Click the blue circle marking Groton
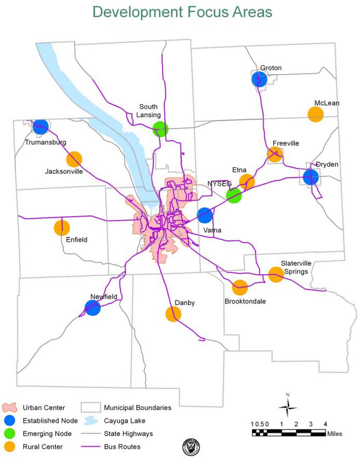click(259, 79)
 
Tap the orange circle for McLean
click(316, 114)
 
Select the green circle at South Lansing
click(161, 129)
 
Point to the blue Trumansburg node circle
click(41, 127)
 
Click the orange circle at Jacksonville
click(74, 159)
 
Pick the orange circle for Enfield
click(62, 227)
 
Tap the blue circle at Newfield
click(92, 308)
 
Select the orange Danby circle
click(173, 314)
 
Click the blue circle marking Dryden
click(311, 177)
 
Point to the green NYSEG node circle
click(234, 196)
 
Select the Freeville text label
click(286, 143)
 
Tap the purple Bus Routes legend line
click(90, 446)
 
